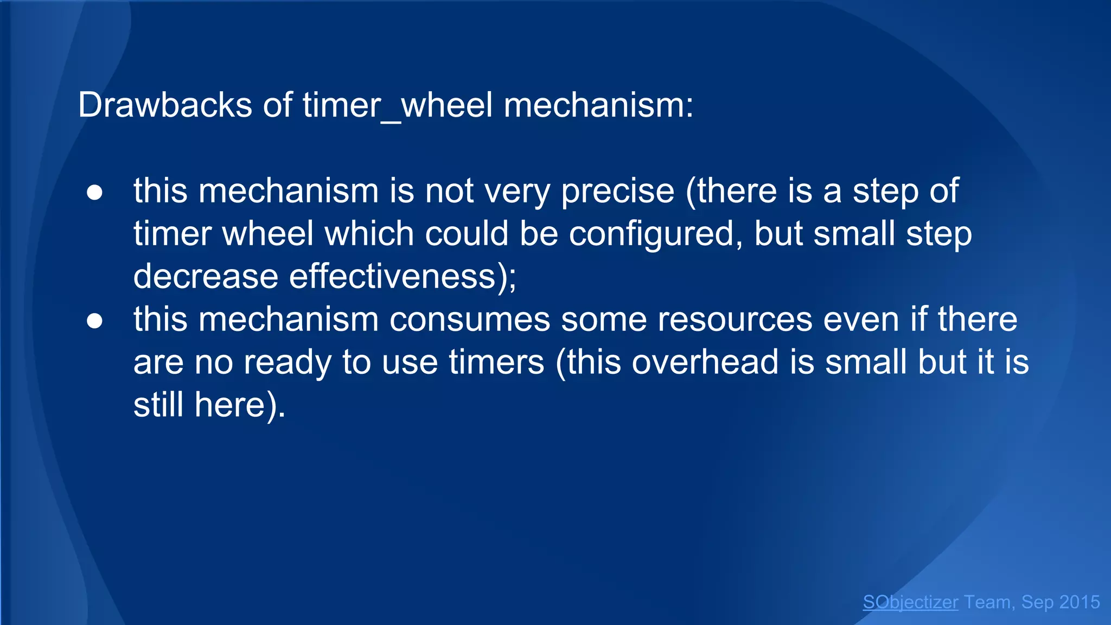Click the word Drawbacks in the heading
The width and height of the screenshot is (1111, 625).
coord(165,104)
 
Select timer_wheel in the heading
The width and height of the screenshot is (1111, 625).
coord(398,105)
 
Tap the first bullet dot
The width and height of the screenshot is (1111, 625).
coord(95,193)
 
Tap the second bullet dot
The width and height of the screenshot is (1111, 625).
coord(95,321)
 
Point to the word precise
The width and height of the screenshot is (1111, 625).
coord(617,192)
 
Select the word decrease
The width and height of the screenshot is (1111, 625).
coord(206,276)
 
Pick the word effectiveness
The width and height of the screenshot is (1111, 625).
coord(392,276)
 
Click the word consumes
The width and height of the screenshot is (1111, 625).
coord(469,319)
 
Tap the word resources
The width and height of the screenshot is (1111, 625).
coord(735,319)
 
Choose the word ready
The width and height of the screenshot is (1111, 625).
coord(287,362)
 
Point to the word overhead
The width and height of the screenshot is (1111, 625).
coord(705,362)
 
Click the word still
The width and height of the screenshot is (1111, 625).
coord(158,405)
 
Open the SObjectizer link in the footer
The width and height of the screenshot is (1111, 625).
coord(910,602)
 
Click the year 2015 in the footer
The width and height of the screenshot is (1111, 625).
coord(1079,602)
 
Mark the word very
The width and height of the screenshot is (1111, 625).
coord(517,192)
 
